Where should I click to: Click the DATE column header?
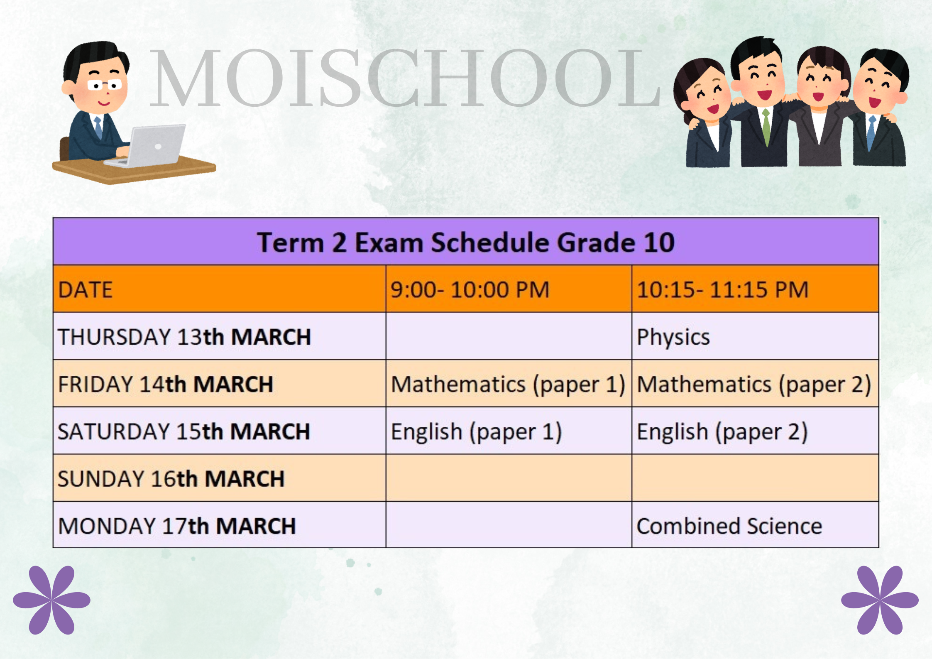pyautogui.click(x=86, y=290)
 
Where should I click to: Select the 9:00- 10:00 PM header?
pyautogui.click(x=470, y=290)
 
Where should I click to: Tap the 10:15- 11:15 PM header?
pyautogui.click(x=723, y=290)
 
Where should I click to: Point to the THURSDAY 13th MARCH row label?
pyautogui.click(x=184, y=337)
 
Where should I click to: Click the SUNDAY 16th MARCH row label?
pyautogui.click(x=171, y=479)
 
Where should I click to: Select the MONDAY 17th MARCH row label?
pyautogui.click(x=177, y=526)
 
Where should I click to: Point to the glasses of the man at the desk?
pyautogui.click(x=105, y=85)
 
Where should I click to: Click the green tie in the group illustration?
pyautogui.click(x=766, y=127)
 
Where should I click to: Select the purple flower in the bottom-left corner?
pyautogui.click(x=51, y=600)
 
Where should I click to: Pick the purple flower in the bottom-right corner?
pyautogui.click(x=880, y=600)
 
